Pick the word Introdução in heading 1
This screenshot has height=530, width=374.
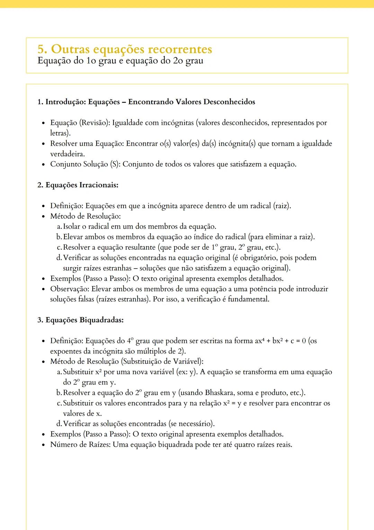pos(65,102)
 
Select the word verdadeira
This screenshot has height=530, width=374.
pos(67,154)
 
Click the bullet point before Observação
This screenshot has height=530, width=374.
pos(43,289)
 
